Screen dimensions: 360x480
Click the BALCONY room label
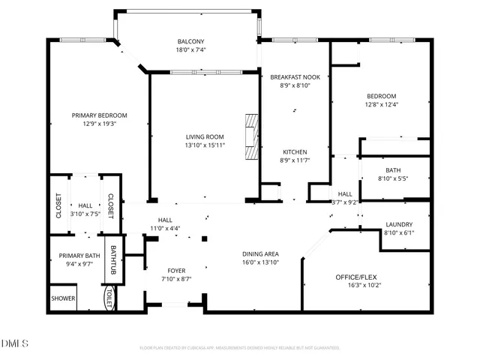(191, 41)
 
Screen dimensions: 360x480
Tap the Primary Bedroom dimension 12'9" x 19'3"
(99, 124)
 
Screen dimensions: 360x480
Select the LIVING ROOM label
(205, 136)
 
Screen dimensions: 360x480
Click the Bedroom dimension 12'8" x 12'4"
(382, 105)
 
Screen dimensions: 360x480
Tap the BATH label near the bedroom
(393, 170)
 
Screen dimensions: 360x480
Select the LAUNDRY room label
(399, 224)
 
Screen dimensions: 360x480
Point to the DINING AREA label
(261, 254)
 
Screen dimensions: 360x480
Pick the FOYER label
(176, 270)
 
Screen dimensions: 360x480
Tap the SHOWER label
(63, 298)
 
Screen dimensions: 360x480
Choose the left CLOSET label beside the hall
(58, 206)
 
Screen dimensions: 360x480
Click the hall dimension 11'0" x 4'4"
(165, 228)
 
